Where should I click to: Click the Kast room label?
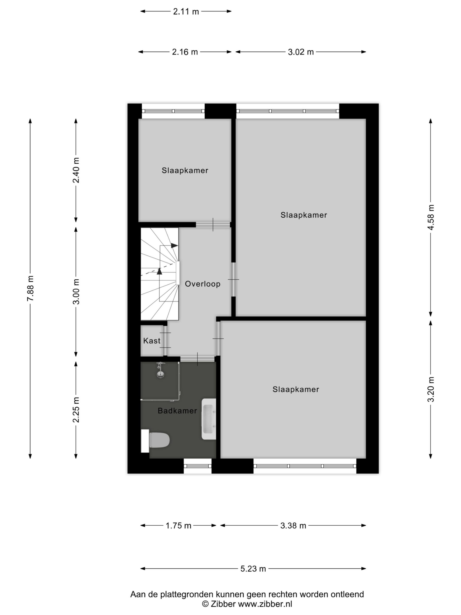pos(152,341)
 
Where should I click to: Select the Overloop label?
pos(203,284)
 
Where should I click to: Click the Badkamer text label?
pos(177,411)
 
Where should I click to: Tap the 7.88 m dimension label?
pos(30,288)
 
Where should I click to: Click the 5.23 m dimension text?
pos(253,569)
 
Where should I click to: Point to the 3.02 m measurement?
pos(301,52)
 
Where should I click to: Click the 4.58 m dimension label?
pos(431,217)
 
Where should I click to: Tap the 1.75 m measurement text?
pos(178,525)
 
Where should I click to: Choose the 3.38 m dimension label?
pos(293,525)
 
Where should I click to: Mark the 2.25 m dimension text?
pos(76,410)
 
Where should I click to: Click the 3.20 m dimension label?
pos(431,389)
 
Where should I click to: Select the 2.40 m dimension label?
pos(76,170)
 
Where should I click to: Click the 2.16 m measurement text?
pos(185,52)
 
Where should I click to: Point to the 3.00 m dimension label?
pos(76,292)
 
